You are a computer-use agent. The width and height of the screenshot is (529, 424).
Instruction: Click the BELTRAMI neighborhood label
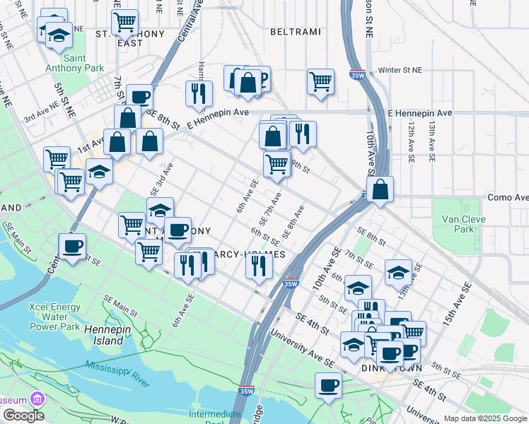[x=296, y=33]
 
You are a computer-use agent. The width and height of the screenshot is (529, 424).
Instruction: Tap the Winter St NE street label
[x=400, y=71]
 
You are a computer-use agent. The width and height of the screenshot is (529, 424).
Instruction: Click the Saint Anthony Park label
[x=65, y=63]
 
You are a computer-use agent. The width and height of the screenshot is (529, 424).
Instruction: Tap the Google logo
[x=23, y=416]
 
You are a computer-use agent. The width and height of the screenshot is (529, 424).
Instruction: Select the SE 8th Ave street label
[x=292, y=222]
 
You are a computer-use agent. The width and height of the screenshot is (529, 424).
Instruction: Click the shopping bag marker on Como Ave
[x=380, y=189]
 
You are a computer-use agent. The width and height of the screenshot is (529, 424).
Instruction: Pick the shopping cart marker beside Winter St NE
[x=320, y=81]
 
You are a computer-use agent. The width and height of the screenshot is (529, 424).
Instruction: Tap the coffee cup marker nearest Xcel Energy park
[x=72, y=247]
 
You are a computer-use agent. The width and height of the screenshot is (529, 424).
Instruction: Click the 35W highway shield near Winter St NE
[x=357, y=76]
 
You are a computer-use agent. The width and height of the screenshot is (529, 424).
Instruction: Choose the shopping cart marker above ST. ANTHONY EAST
[x=124, y=21]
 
